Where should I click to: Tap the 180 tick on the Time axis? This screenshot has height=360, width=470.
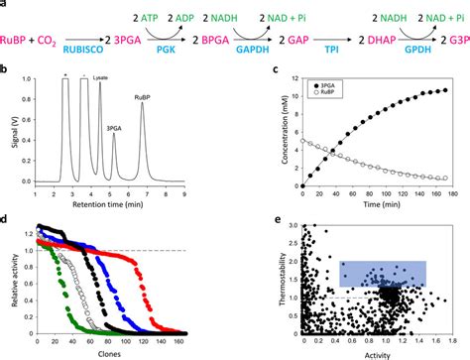[x=449, y=192]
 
